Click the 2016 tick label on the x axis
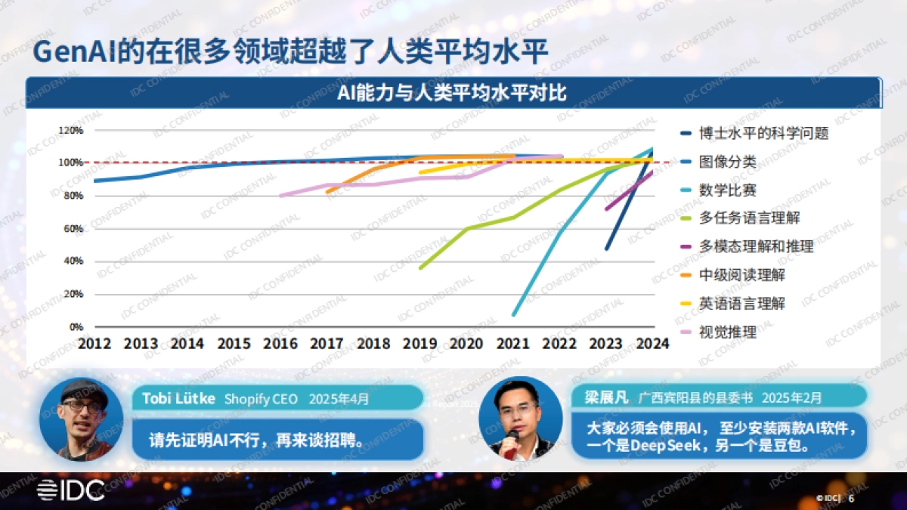280,344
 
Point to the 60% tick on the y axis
71,229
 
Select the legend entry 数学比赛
727,190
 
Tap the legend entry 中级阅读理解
741,275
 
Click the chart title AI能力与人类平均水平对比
453,93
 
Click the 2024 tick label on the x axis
652,344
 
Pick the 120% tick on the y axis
71,130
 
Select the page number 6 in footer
852,499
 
